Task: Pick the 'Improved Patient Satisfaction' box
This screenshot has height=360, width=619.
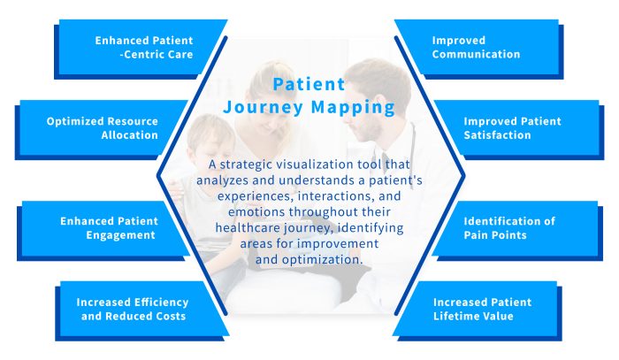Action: pyautogui.click(x=513, y=128)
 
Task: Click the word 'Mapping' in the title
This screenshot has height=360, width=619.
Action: pyautogui.click(x=358, y=108)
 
